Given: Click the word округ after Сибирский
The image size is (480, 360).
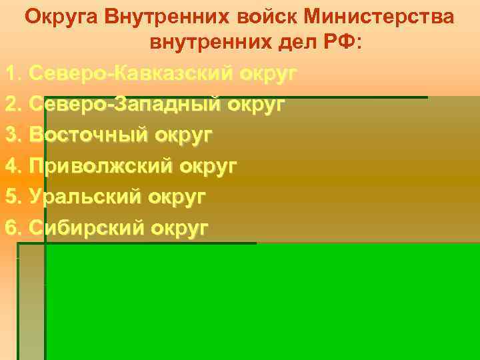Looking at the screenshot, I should (x=180, y=228).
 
